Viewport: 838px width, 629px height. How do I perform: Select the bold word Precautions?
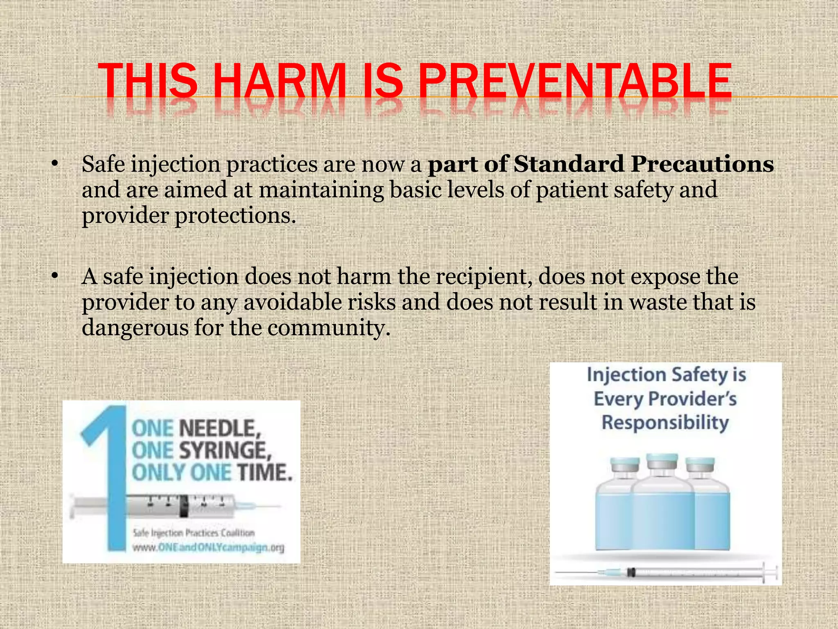tap(702, 164)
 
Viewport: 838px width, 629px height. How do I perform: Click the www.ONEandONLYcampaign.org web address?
tap(208, 548)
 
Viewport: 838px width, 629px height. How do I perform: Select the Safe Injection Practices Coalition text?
tap(194, 533)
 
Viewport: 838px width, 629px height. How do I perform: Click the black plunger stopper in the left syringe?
tap(184, 507)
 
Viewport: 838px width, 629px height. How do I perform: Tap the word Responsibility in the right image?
tap(665, 423)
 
